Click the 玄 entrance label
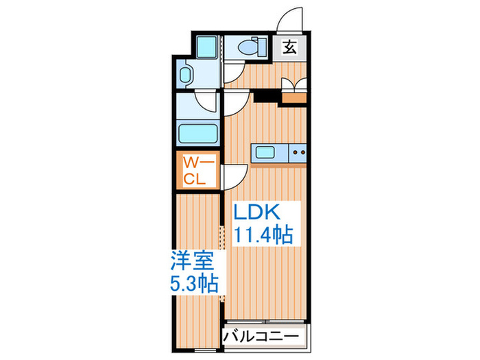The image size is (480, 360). tap(290, 47)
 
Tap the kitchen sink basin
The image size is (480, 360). tap(265, 152)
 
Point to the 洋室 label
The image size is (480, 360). tap(193, 262)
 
